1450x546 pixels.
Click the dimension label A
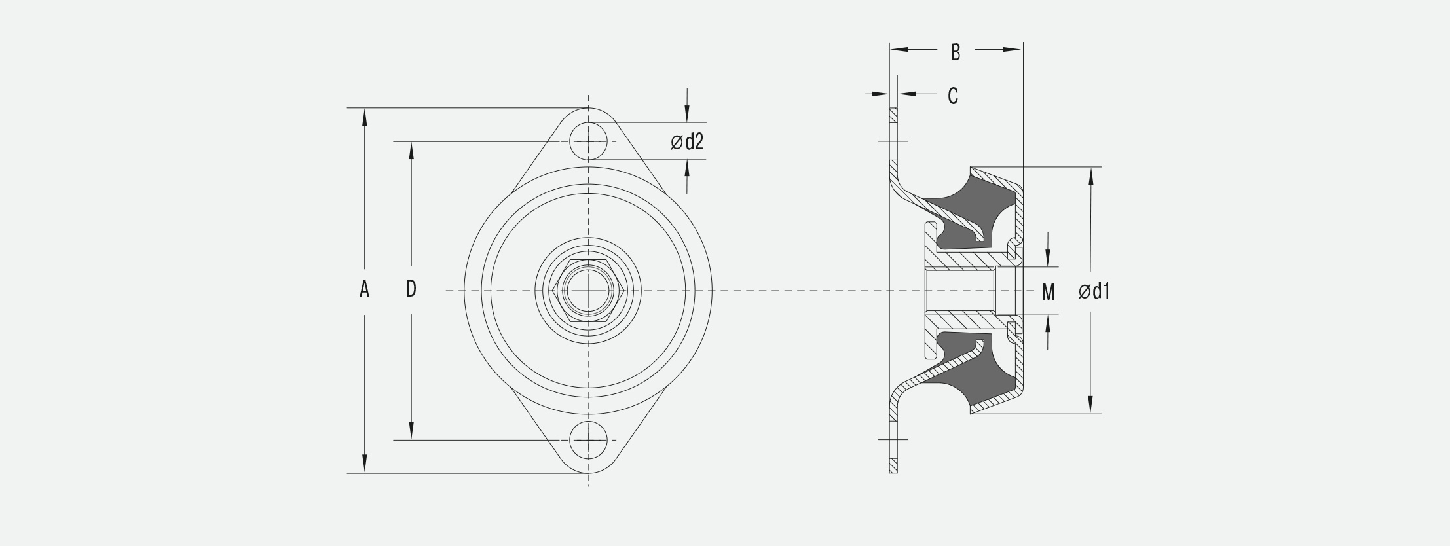coord(364,289)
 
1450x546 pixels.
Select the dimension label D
coord(411,289)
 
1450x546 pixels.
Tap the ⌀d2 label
coord(687,141)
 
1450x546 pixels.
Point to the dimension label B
coord(955,52)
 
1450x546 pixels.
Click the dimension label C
coord(953,96)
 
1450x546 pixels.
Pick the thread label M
coord(1048,293)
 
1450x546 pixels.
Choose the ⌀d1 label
coord(1094,291)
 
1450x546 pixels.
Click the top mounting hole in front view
coord(588,141)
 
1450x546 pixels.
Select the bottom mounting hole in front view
coord(588,440)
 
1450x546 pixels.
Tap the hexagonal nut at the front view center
coord(588,290)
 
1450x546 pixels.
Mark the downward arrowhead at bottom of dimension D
coord(411,431)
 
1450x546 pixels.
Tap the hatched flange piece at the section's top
coord(893,116)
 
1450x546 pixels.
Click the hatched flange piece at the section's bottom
coord(893,465)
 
